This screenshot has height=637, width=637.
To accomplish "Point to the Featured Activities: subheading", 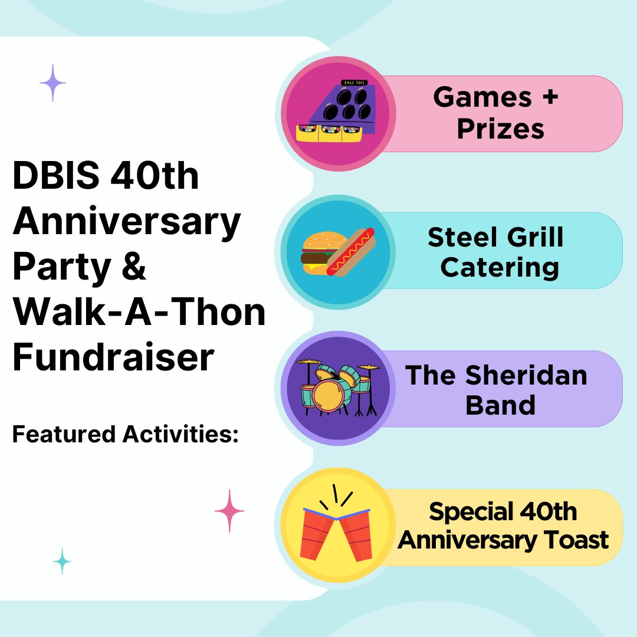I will click(x=125, y=435).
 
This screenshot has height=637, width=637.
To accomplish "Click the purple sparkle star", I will click(x=52, y=83).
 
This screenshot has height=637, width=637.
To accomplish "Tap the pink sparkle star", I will click(x=229, y=511).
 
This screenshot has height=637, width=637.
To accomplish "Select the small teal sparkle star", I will click(x=62, y=561).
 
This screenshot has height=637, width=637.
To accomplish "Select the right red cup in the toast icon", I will click(x=357, y=534).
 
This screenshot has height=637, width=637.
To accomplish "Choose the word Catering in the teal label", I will click(x=499, y=268).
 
